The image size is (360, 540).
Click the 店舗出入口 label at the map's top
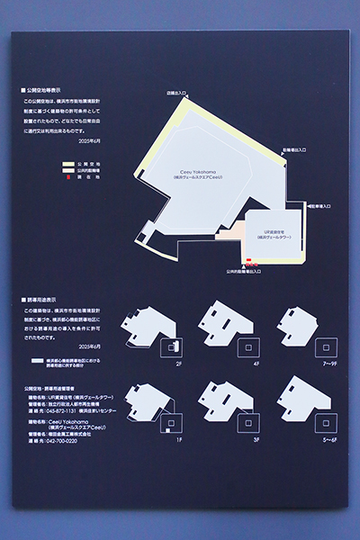coord(176,93)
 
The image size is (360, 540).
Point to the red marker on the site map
coord(249,263)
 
